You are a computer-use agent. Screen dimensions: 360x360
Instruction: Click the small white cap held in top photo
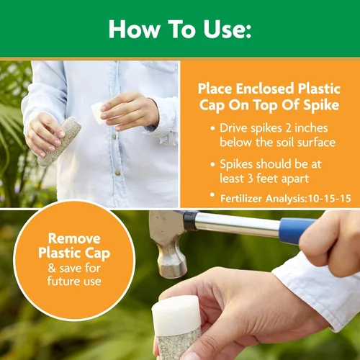99,111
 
